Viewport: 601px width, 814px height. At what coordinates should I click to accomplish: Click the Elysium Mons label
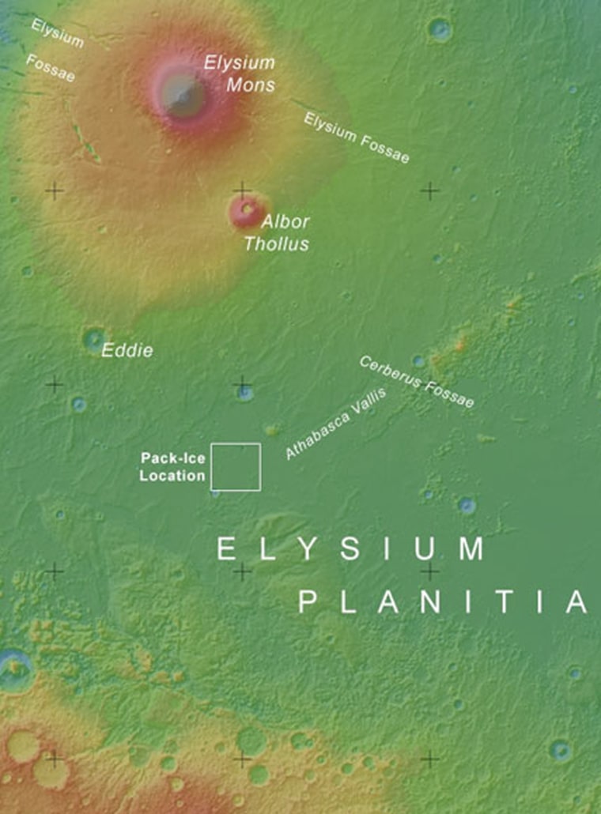239,73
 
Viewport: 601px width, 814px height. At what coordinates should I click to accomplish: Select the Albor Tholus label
276,232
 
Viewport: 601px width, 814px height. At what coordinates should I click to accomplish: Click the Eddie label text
127,350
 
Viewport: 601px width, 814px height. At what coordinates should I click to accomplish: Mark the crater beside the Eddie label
95,339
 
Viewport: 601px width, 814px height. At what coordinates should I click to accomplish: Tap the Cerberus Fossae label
417,383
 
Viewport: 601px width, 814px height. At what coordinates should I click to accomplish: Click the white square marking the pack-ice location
236,467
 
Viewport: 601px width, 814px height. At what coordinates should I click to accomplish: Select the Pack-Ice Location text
172,466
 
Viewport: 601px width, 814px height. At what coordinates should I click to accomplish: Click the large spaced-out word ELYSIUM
350,549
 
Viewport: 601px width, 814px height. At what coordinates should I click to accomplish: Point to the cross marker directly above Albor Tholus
241,190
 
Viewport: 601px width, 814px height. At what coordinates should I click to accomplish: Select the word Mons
251,84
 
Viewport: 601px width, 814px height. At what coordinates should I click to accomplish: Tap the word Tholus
276,243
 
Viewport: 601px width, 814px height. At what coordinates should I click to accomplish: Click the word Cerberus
389,371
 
